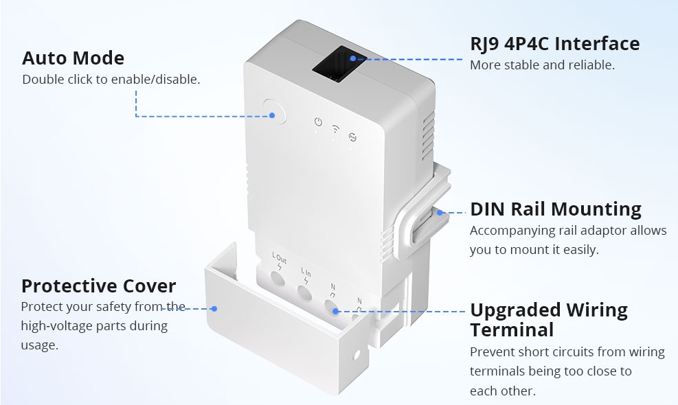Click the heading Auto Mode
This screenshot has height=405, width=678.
point(73,58)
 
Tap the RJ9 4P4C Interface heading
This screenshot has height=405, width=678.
point(555,44)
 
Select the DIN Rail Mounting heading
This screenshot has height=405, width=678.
point(556,209)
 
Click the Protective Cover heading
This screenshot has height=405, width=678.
point(99,286)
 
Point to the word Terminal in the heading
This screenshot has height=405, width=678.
point(512,329)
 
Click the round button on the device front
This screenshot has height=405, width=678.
point(275,111)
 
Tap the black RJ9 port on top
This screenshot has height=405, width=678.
point(339,64)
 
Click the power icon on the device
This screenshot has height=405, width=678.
point(318,122)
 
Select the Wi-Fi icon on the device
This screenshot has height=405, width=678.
point(335,129)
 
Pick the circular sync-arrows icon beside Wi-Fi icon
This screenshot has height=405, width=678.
point(352,137)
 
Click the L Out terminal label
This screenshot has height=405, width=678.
point(280,259)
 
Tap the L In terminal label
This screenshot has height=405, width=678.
point(306,273)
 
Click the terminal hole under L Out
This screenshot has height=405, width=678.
point(277,278)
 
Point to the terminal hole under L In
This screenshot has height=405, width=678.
point(304,293)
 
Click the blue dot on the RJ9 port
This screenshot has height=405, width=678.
point(353,58)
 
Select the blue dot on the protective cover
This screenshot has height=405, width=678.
point(214,309)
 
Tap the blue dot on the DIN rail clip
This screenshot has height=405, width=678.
point(440,212)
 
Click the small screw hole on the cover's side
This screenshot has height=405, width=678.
point(357,356)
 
